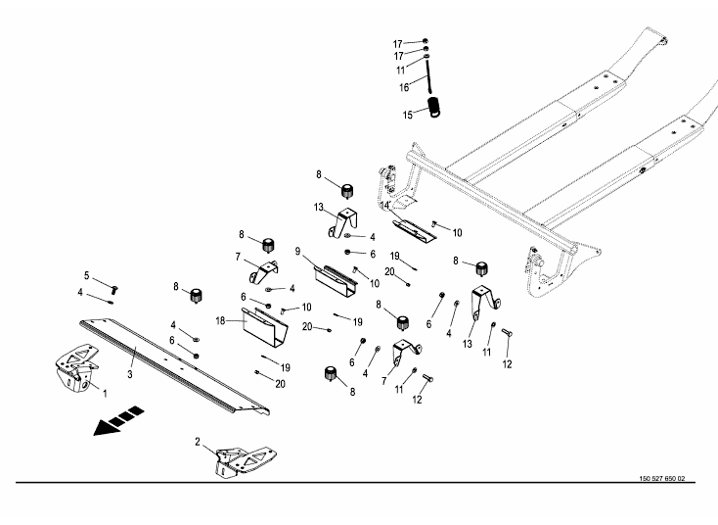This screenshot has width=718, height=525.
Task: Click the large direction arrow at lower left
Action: point(111,425)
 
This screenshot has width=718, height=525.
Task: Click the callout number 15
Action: point(409,115)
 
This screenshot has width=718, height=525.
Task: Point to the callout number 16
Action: point(404,87)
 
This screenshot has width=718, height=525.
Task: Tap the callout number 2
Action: point(198,442)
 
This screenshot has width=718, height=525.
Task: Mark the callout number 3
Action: point(129,373)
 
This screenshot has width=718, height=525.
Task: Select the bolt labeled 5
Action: point(113,288)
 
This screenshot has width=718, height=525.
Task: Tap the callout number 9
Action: point(296,251)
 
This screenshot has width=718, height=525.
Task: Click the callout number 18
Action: point(220,320)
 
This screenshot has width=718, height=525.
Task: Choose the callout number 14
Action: point(387,208)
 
